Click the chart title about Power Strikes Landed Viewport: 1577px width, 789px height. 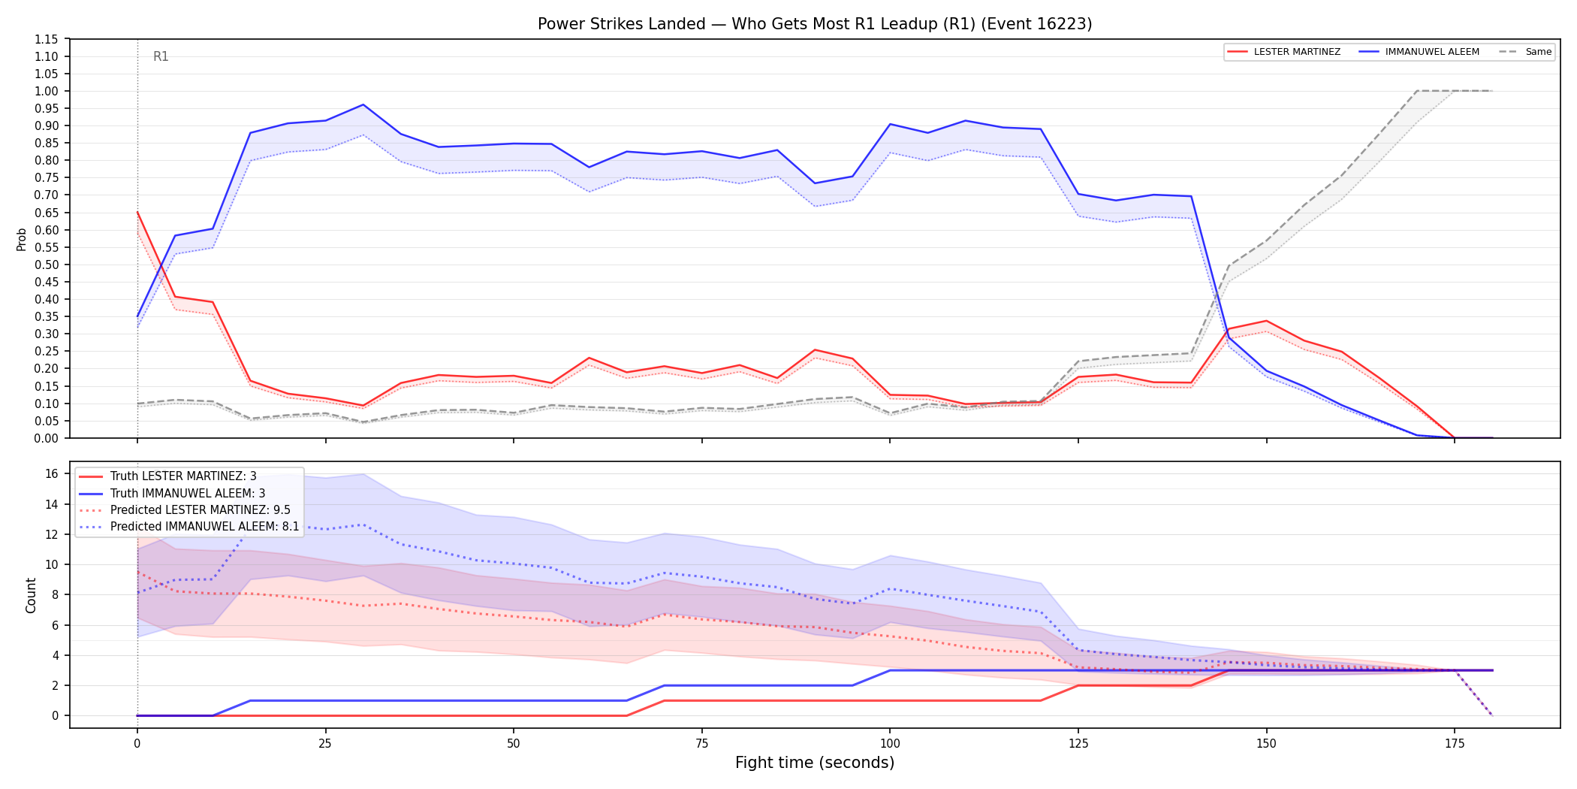coord(815,24)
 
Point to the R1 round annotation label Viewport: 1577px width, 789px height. coord(161,56)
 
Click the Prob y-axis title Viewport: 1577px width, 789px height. coord(22,239)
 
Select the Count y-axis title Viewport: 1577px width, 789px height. coord(31,595)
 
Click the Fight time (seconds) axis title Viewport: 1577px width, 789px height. coord(815,763)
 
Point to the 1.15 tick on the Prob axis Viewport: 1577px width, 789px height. coord(47,39)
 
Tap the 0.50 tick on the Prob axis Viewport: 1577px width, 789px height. coord(47,265)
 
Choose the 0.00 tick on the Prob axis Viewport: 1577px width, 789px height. coord(47,438)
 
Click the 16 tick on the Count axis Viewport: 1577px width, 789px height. coord(52,473)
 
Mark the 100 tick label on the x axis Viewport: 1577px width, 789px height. coord(890,744)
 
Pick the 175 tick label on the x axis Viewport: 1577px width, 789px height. coord(1455,744)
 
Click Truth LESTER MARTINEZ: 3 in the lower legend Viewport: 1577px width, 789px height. coord(183,476)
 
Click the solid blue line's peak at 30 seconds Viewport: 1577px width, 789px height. coord(363,104)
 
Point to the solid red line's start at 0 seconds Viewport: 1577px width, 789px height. coord(137,212)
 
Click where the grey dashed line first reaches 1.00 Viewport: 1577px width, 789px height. coord(1417,91)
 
